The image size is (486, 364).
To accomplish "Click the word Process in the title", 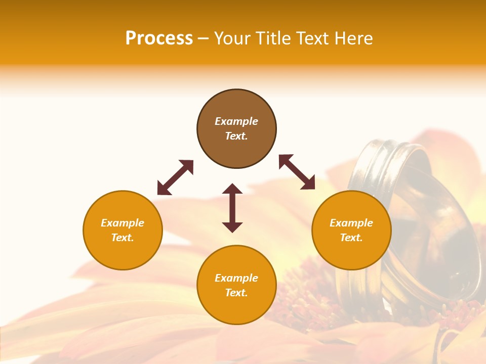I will tap(159, 38).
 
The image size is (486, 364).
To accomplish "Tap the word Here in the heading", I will tap(354, 38).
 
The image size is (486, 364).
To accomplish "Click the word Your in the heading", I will tap(232, 38).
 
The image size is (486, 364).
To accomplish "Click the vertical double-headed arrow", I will tap(232, 208).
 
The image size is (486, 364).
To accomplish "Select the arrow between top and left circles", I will tap(175, 177).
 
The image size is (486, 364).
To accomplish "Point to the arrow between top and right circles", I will tap(297, 172).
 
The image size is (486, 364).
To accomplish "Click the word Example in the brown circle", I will tap(236, 121).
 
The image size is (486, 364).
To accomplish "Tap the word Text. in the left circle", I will tap(123, 238).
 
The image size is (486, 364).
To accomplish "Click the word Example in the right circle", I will tap(351, 223).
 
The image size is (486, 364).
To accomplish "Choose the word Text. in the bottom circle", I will tap(236, 293).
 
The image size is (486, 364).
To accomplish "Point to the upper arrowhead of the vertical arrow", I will tap(232, 189).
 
